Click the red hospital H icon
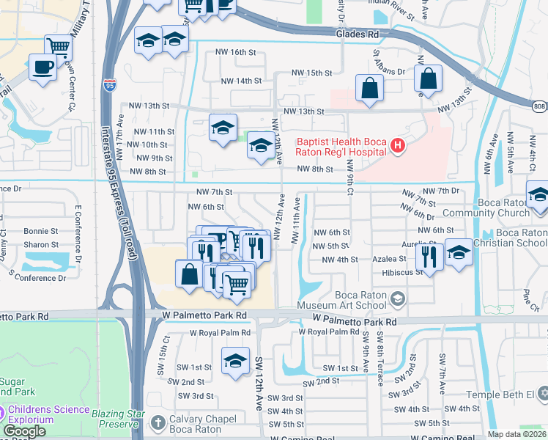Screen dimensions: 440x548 click(x=398, y=146)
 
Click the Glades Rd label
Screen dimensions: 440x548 click(x=357, y=34)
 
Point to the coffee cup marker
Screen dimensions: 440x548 click(x=42, y=67)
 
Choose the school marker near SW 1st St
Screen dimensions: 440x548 click(x=234, y=361)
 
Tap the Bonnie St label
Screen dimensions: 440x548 click(x=41, y=230)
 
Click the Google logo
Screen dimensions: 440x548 click(x=24, y=431)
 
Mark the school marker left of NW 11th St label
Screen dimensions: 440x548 click(x=223, y=129)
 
